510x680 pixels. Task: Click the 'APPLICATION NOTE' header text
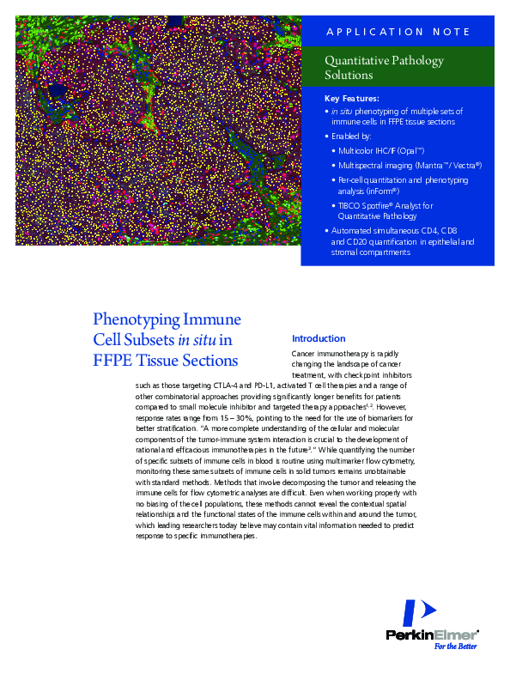click(398, 33)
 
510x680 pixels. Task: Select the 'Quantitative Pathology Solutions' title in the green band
click(384, 68)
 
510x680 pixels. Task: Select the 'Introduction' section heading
click(319, 338)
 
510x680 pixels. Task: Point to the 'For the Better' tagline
click(455, 647)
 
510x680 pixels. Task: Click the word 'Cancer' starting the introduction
click(303, 354)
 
